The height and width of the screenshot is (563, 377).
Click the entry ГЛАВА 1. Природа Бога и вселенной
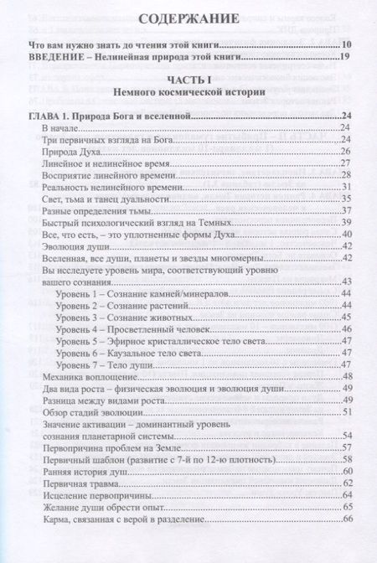point(104,116)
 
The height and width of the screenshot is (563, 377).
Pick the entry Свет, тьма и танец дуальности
point(105,199)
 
